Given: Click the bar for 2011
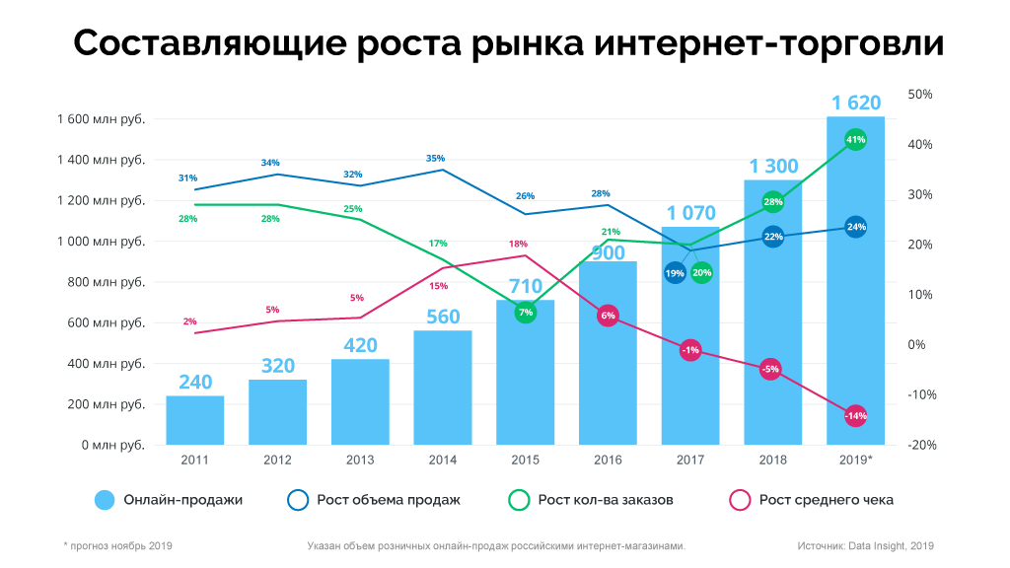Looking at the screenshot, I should pyautogui.click(x=195, y=420).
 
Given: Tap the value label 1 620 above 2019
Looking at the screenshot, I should pyautogui.click(x=855, y=103).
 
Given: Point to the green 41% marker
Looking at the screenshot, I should pyautogui.click(x=856, y=140).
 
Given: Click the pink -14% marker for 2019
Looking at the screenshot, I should pyautogui.click(x=856, y=415).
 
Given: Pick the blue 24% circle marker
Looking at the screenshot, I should pyautogui.click(x=856, y=227).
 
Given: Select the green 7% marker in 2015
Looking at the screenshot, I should pyautogui.click(x=526, y=313).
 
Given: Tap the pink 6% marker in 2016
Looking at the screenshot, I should pyautogui.click(x=608, y=316).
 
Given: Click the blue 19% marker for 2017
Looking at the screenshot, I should pyautogui.click(x=675, y=273).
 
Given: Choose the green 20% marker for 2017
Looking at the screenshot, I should pyautogui.click(x=701, y=273).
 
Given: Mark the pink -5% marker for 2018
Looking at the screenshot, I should pyautogui.click(x=771, y=369).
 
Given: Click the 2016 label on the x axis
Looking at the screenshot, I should pyautogui.click(x=608, y=460).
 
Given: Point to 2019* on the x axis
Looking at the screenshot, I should pyautogui.click(x=856, y=460).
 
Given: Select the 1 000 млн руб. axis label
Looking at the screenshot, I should pyautogui.click(x=101, y=242).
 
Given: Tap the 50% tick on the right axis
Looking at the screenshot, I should pyautogui.click(x=919, y=95).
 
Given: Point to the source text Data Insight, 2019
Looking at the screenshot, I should pyautogui.click(x=866, y=545).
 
